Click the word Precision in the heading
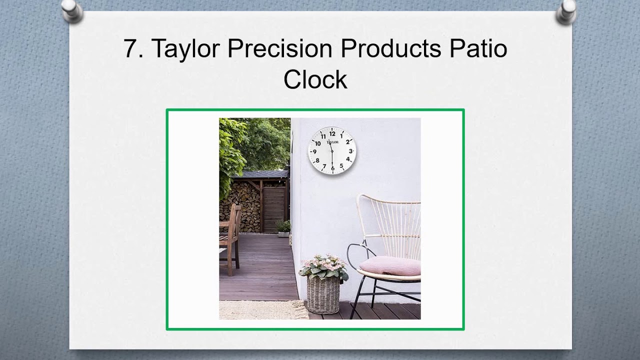click(279, 49)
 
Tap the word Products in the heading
click(390, 49)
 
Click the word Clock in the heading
click(315, 80)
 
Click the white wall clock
click(332, 150)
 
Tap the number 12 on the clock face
click(332, 133)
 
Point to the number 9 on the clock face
click(314, 151)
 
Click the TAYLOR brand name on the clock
click(332, 142)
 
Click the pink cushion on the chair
click(390, 266)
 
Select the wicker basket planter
click(323, 295)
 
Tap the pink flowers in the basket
click(324, 263)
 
